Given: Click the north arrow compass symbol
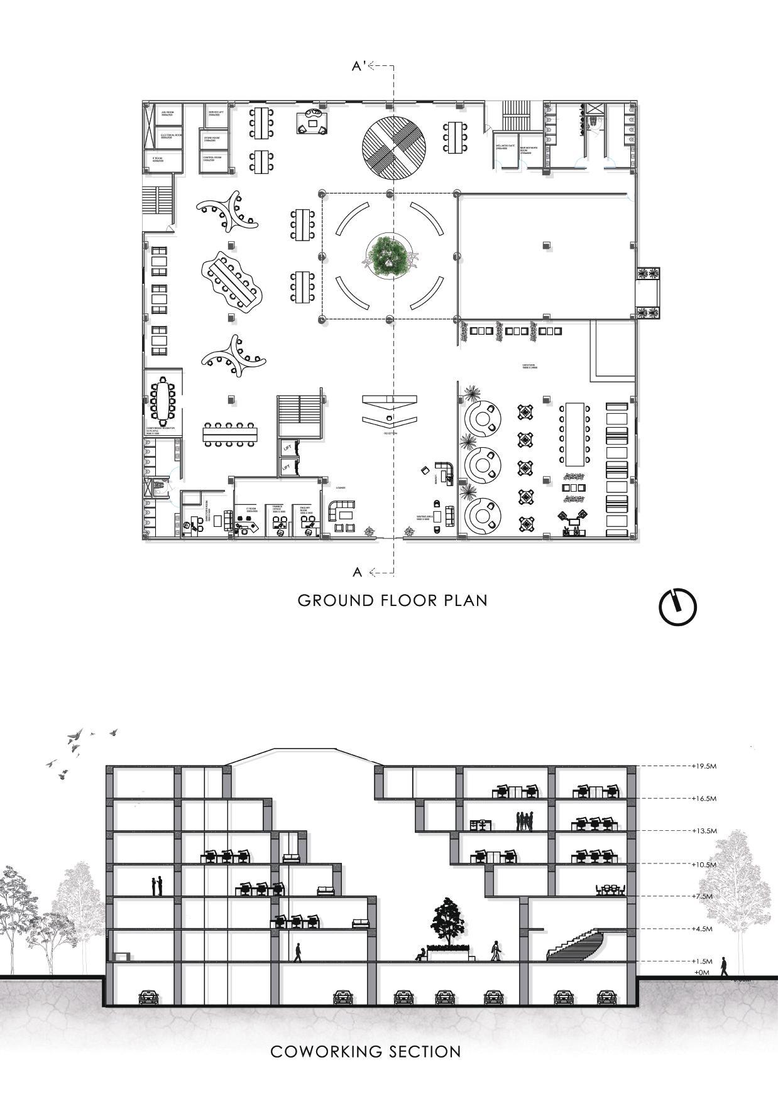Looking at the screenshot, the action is (678, 607).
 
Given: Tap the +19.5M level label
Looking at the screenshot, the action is (704, 766).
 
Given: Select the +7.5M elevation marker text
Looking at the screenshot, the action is (702, 896).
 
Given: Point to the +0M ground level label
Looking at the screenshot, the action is (701, 972).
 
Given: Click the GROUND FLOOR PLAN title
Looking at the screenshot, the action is (392, 600).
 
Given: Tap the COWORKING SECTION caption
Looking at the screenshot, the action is (366, 1051).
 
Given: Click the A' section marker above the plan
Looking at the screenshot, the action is (359, 66).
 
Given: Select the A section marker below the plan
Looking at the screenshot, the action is (358, 572).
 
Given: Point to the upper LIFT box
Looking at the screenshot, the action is (287, 448).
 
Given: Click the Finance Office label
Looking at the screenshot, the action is (278, 510).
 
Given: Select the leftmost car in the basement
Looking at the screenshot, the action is (148, 997).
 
